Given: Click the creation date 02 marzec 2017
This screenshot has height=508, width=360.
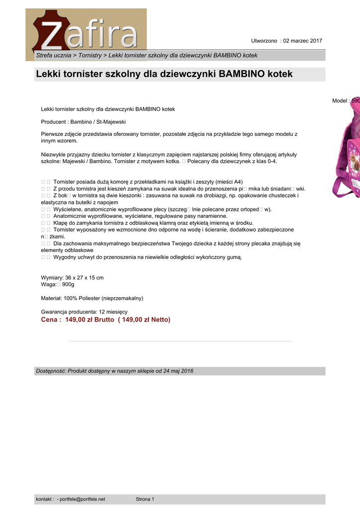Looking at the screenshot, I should point(302,41).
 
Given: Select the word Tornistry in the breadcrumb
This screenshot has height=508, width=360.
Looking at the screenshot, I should point(90,55).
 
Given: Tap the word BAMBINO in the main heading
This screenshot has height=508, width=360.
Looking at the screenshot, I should point(241,74).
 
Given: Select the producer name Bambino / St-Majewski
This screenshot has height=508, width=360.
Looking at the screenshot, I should point(98,122).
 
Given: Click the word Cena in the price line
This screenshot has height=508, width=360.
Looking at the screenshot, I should point(51,320).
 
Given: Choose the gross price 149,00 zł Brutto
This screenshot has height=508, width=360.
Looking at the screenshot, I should point(89,320).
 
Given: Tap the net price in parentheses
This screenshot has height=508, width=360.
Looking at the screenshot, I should point(144,320).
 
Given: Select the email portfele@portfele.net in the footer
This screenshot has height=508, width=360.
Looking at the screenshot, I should point(82,499).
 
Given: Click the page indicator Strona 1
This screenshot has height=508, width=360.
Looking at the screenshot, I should point(145,499).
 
